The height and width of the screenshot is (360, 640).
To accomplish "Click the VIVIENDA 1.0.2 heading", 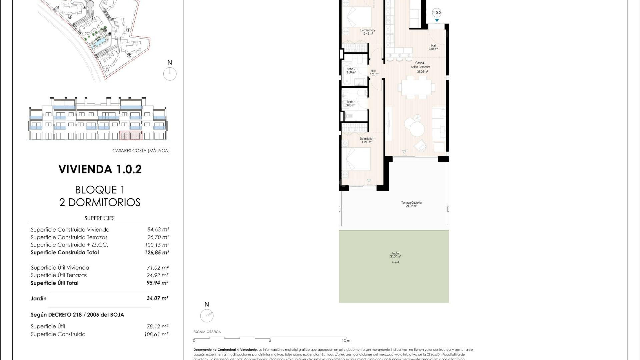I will click(100, 169).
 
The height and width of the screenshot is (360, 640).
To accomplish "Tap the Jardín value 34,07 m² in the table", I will click(157, 298).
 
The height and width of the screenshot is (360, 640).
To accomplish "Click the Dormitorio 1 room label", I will click(367, 140).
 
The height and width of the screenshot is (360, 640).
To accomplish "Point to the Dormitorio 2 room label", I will click(367, 32).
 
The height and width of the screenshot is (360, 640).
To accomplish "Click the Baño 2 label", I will click(351, 71).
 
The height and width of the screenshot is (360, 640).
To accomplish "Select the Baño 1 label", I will click(351, 104).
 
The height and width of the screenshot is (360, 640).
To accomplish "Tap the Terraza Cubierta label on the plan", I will click(411, 204).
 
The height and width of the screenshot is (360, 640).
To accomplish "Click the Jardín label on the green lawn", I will click(395, 255).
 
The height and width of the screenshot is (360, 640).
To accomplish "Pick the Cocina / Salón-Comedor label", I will click(420, 67).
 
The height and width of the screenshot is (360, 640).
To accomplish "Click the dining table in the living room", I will click(416, 88).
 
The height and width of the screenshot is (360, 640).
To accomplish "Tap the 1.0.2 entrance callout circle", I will click(437, 13).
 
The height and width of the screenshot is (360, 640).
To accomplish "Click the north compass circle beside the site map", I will click(170, 74).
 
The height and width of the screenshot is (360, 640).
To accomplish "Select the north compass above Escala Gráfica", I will click(207, 315).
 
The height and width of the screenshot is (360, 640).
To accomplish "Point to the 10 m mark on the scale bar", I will click(346, 338).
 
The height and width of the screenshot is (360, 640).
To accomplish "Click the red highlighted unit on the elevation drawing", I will click(131, 135).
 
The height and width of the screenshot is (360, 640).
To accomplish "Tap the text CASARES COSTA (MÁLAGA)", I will click(141, 151).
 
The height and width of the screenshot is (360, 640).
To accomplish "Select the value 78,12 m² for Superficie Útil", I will click(156, 327).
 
